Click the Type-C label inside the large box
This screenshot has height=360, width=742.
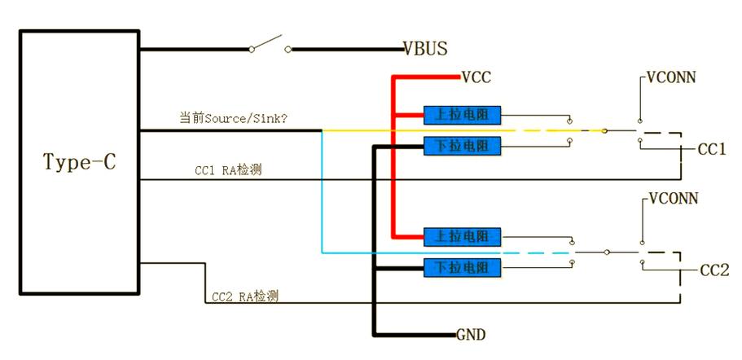pos(79,162)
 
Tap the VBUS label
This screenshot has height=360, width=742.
pos(425,49)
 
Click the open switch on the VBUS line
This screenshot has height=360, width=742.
pos(270,45)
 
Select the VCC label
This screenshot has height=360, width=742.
pos(477,78)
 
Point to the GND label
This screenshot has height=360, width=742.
pos(471,335)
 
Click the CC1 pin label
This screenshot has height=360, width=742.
pos(712,150)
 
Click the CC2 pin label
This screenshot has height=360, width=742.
pos(714,270)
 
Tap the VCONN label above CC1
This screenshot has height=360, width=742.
pos(672,78)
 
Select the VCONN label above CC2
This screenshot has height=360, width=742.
pos(672,199)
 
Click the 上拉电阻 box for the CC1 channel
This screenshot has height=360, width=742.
pos(462,113)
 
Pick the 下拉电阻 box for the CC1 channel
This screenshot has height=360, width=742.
pos(462,146)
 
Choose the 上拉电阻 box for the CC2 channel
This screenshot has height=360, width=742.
pos(462,236)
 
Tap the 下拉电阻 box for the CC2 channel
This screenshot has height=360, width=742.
pos(462,267)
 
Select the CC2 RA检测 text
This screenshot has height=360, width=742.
pos(244,296)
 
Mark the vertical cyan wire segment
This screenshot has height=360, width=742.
pos(322,191)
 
